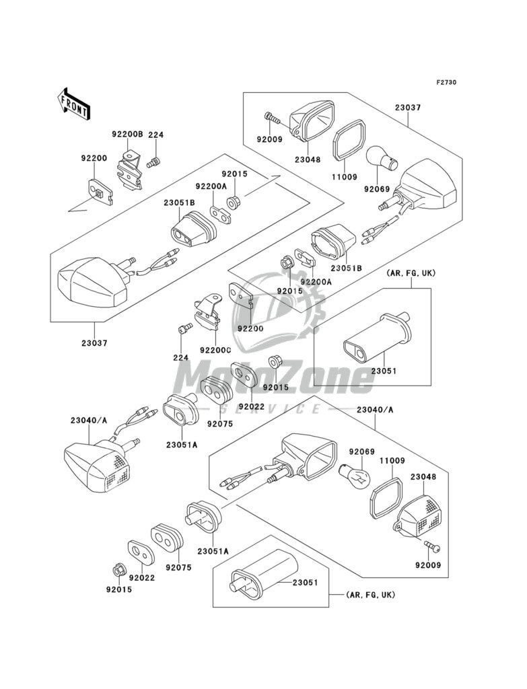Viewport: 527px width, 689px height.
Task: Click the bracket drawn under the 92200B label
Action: click(x=131, y=171)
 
